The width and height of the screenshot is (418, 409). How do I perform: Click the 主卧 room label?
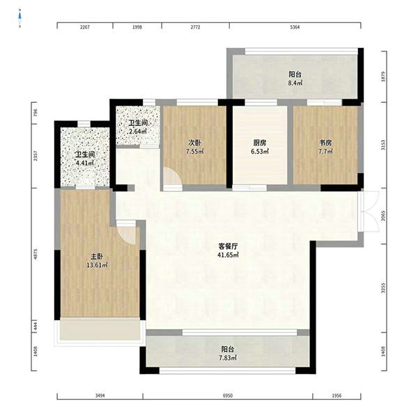pos(97,257)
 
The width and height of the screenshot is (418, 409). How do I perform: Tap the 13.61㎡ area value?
pos(97,265)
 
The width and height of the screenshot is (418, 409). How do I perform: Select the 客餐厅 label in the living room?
pos(228,246)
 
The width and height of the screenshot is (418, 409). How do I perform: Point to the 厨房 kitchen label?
pos(260,143)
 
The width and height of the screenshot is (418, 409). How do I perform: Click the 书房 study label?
pos(325,143)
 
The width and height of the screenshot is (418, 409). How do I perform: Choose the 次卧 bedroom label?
pos(195,143)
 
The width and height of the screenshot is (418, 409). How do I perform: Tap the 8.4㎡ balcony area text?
pos(295,83)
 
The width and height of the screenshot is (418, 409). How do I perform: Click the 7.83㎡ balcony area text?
pos(228,358)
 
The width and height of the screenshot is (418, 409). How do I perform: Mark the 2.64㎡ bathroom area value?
pos(138,131)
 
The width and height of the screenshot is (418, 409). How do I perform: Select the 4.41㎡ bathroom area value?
pos(85,163)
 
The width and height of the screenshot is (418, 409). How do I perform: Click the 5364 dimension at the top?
pos(295,27)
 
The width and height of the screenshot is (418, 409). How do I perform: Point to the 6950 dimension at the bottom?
pos(228,396)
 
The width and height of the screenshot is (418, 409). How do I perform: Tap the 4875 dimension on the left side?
pos(36,254)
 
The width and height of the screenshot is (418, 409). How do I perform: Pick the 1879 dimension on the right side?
pos(383,77)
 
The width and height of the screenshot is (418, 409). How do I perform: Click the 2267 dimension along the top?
pos(85,27)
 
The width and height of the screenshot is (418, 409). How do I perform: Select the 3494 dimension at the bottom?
pos(100,396)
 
